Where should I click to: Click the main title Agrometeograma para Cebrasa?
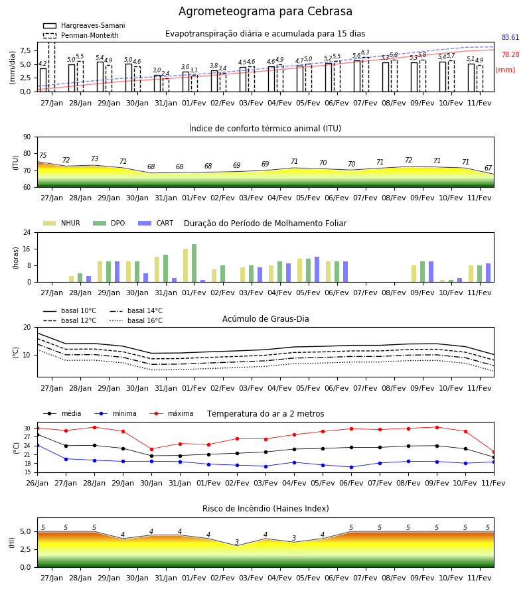point(265,11)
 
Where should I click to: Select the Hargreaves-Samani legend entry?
point(84,25)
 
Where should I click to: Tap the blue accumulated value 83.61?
point(510,37)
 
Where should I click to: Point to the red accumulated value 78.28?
point(510,54)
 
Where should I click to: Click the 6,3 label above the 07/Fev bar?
point(365,52)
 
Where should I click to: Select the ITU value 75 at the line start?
point(43,155)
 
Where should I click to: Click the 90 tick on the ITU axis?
point(27,137)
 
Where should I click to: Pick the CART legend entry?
point(156,223)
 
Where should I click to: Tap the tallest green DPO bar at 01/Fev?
point(194,263)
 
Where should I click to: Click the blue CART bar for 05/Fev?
point(317,269)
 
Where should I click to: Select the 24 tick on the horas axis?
point(27,232)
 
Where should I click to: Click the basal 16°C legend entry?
point(136,320)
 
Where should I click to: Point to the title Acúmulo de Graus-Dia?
point(265,318)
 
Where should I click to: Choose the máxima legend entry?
point(171,413)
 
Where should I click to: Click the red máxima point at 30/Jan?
point(151,449)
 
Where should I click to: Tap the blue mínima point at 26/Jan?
point(38,445)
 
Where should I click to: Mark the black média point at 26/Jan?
point(38,434)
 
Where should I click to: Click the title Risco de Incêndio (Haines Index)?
point(265,508)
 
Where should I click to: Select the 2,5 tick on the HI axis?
point(25,549)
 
